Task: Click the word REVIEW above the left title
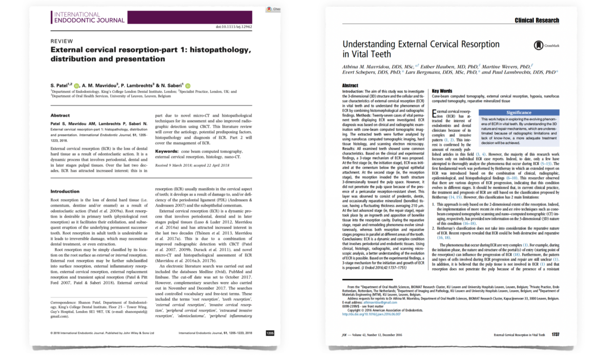click(62, 41)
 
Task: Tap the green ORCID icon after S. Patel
click(77, 85)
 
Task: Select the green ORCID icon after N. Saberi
click(188, 85)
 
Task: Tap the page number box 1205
click(270, 333)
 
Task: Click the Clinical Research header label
click(537, 20)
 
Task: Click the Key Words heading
click(442, 91)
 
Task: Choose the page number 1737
click(555, 334)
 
